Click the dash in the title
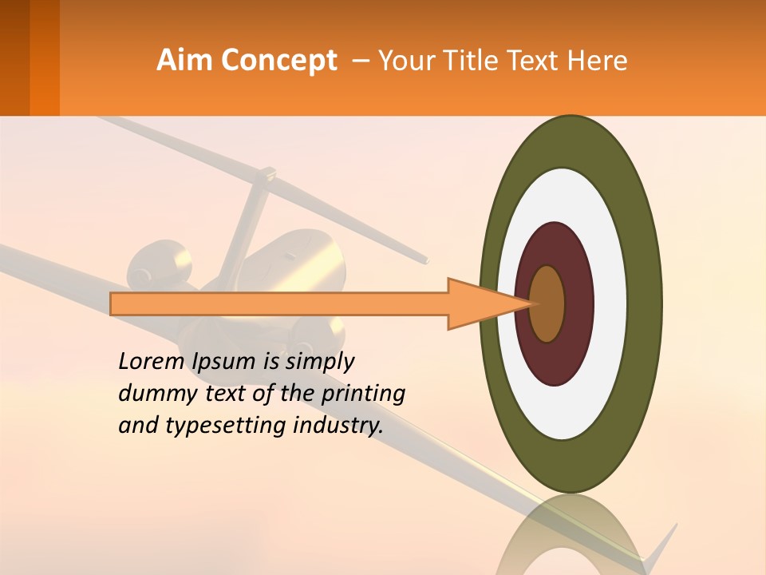click(360, 61)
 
